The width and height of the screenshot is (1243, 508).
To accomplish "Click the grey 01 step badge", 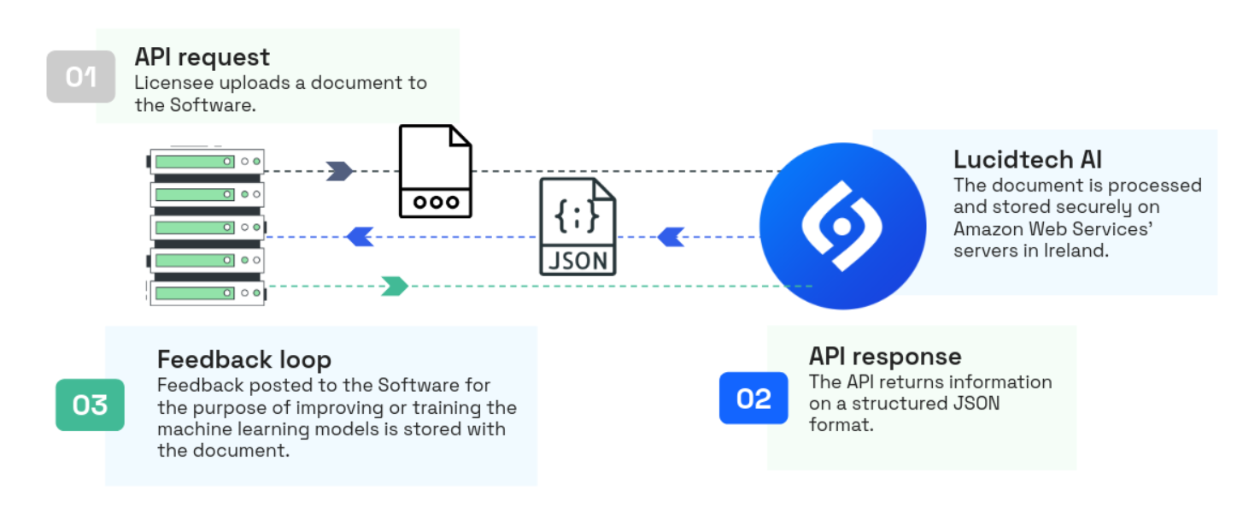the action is click(x=81, y=77).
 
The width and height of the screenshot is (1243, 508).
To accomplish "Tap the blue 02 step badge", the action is click(x=753, y=398).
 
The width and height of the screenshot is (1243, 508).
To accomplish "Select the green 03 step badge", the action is click(x=90, y=405).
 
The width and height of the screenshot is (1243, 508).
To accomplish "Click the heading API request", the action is click(x=202, y=57).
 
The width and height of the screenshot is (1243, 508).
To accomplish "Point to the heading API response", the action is click(x=885, y=357).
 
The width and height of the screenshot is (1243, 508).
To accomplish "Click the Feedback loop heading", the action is click(x=244, y=359).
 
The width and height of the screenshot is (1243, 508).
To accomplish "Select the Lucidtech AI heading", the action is click(x=1028, y=160).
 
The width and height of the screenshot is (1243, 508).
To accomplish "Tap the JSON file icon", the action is click(x=578, y=227).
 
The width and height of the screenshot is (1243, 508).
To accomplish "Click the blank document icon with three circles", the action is click(x=436, y=171).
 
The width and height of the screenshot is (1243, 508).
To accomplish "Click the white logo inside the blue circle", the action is click(x=841, y=227).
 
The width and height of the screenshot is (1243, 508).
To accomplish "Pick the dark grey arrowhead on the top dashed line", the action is click(x=340, y=171).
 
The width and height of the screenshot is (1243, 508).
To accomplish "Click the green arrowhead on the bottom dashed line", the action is click(x=395, y=286).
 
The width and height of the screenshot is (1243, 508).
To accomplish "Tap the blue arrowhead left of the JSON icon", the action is click(x=360, y=237).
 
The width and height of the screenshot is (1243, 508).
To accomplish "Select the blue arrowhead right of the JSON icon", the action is click(x=671, y=237).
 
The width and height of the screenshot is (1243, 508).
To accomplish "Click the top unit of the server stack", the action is click(x=207, y=161).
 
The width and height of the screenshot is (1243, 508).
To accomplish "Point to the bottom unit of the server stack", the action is click(x=207, y=292).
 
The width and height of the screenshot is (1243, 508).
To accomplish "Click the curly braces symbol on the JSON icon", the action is click(x=578, y=216).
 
